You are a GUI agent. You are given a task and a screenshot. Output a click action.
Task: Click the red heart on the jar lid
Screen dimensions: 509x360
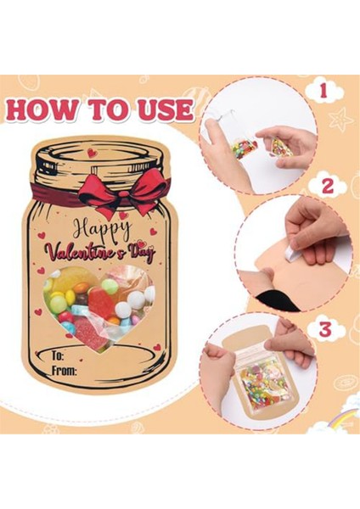[x=92, y=154]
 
